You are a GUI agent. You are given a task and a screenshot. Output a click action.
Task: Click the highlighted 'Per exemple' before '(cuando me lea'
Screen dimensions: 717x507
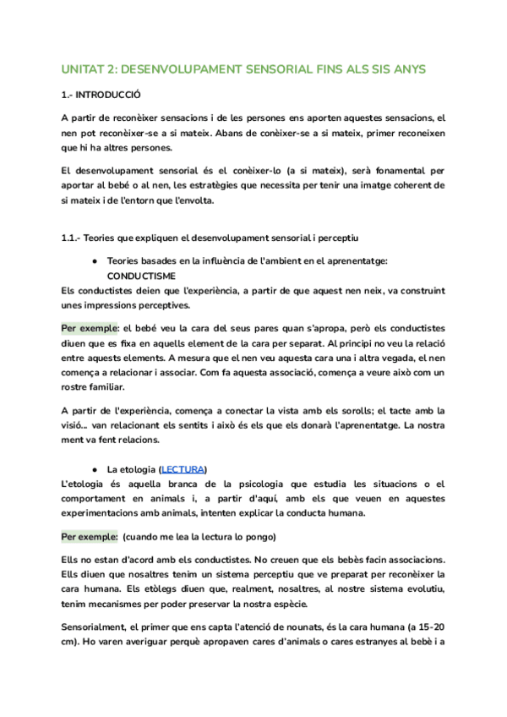[x=90, y=537]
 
